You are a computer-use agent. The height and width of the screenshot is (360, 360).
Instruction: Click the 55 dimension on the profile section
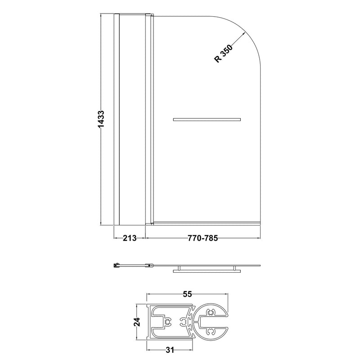(188, 294)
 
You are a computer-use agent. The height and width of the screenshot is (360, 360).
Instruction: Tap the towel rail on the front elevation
(207, 120)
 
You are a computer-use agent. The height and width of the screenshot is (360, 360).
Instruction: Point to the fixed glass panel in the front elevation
(132, 119)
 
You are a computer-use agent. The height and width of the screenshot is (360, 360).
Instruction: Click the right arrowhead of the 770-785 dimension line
(259, 238)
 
